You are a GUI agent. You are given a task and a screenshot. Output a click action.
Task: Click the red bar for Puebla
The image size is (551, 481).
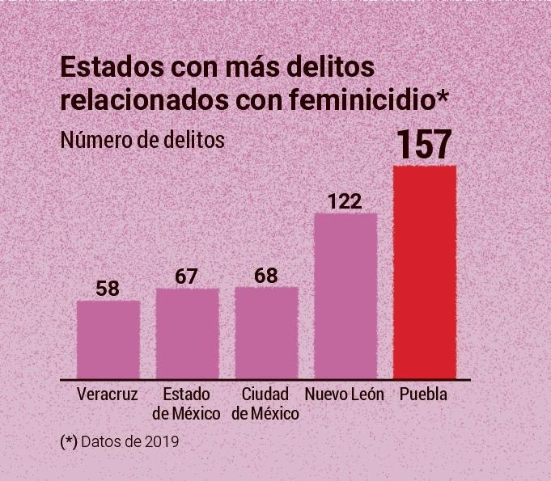[x=425, y=272]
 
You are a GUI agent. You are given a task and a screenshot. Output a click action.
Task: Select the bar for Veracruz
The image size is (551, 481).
[x=108, y=340]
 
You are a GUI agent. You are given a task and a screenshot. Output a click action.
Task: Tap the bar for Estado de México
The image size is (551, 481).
[x=187, y=334]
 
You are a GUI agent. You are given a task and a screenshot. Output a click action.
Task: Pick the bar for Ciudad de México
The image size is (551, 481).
[x=266, y=333]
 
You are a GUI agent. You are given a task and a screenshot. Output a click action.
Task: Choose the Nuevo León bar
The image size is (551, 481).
[x=345, y=296]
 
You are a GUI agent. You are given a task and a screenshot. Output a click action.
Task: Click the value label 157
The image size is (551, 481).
[x=424, y=146]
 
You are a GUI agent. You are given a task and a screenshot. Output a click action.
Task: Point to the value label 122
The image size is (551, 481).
[x=345, y=200]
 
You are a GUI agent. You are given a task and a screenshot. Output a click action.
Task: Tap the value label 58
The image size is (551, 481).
[x=108, y=289]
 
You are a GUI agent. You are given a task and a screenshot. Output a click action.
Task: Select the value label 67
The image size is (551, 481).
[x=187, y=276]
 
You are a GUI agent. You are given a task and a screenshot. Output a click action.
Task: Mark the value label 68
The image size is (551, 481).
[x=265, y=276]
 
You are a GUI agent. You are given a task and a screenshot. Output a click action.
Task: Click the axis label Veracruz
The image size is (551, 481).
[x=108, y=395]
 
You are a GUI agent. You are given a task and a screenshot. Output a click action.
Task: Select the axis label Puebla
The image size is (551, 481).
[x=423, y=395]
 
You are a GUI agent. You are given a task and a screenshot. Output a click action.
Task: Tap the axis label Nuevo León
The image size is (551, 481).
[x=345, y=395]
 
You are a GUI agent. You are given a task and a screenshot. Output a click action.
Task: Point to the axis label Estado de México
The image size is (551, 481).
[x=187, y=404]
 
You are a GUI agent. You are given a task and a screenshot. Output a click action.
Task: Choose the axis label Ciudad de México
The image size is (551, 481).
[x=265, y=404]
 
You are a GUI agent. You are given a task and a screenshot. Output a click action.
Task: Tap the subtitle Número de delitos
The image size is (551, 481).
[x=142, y=139]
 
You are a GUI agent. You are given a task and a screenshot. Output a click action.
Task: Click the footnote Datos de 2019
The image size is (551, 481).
[x=130, y=442]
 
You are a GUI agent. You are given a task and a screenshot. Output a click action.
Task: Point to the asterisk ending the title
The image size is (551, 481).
[x=442, y=98]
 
